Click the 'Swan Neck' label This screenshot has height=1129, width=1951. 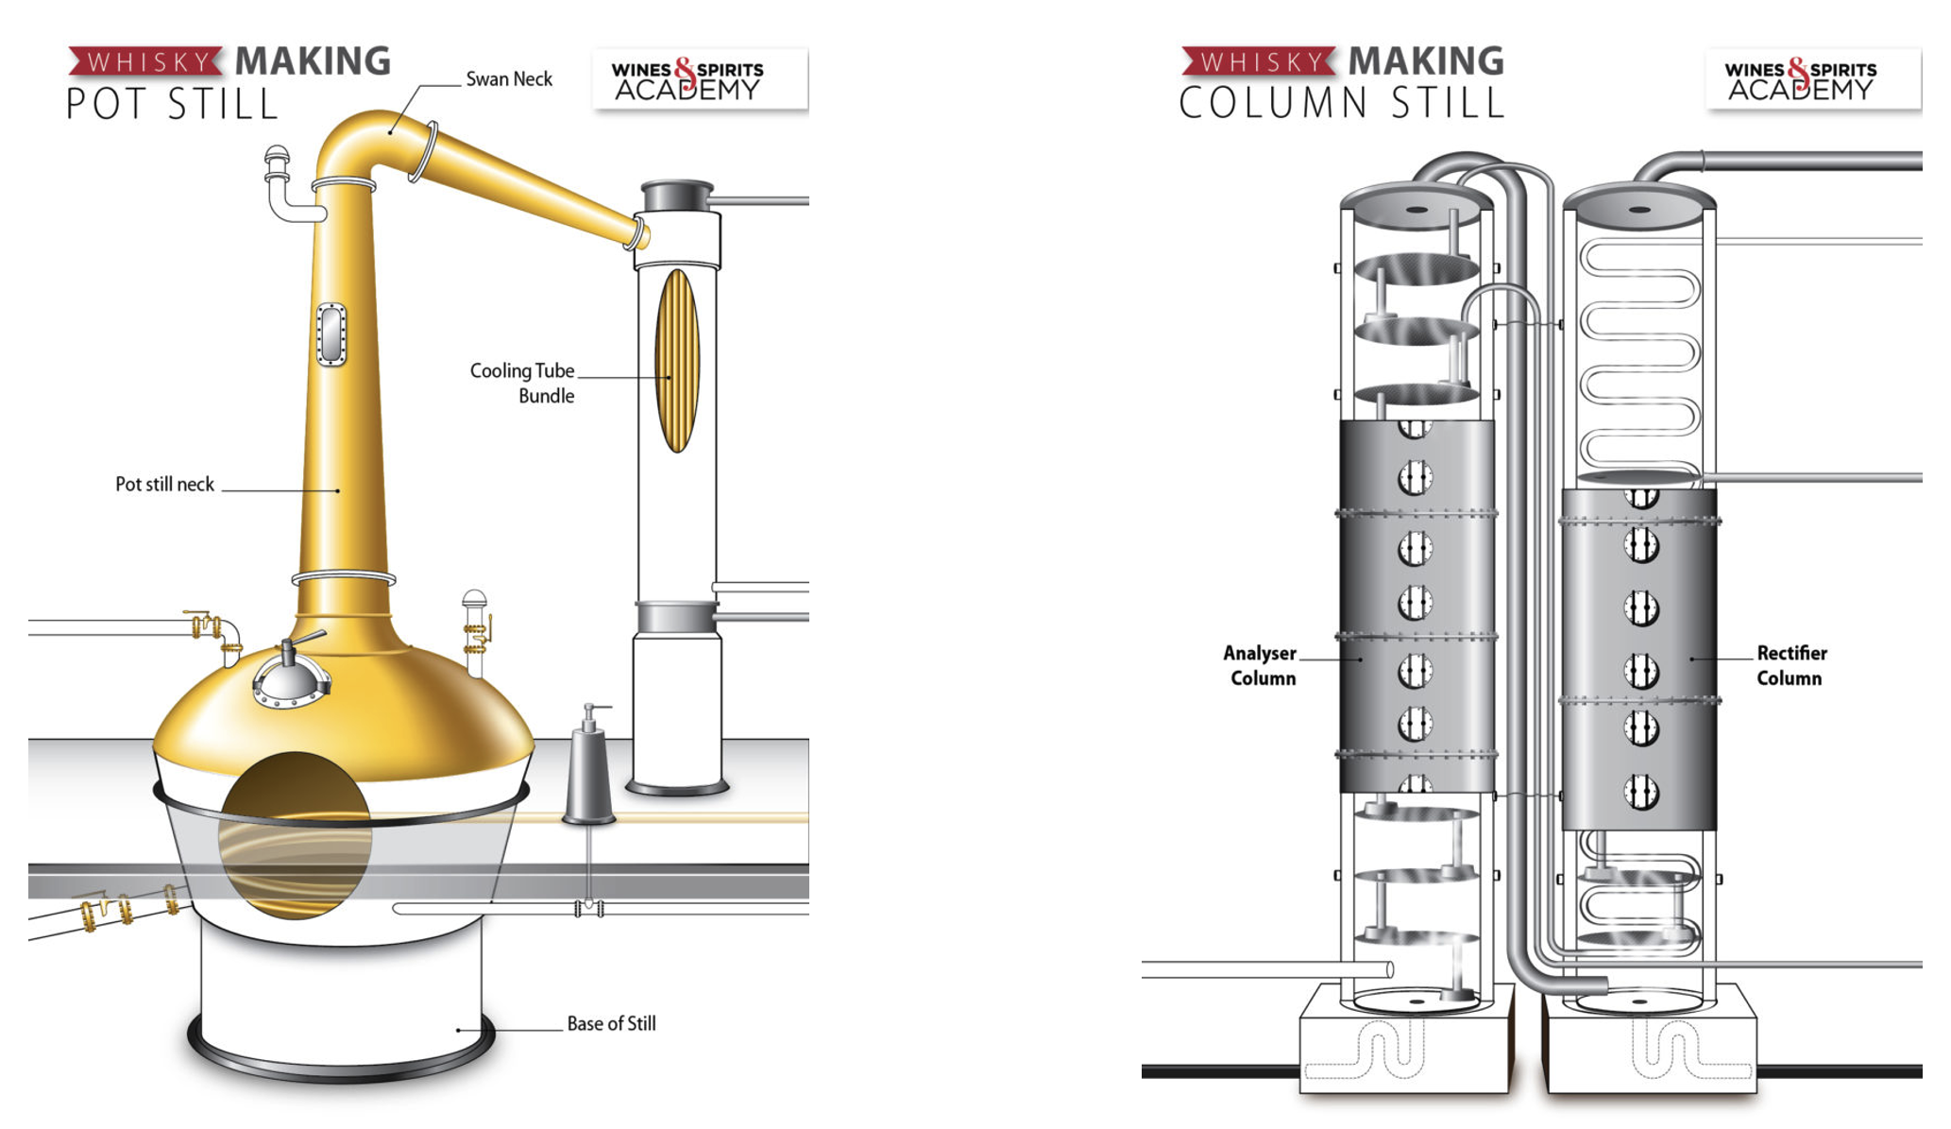(x=509, y=79)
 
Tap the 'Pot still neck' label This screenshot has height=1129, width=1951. (x=165, y=484)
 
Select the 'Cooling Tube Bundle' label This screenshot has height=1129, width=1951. (x=522, y=383)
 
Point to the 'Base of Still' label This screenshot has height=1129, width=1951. (x=611, y=1023)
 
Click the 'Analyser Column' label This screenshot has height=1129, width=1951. (x=1260, y=665)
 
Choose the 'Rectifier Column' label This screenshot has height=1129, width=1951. (x=1791, y=665)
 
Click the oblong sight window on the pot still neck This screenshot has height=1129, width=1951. (x=331, y=334)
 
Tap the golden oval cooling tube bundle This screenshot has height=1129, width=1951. (x=677, y=361)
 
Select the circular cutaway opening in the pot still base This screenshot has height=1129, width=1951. (x=295, y=835)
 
